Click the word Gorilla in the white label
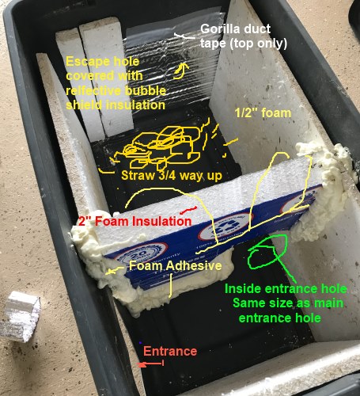tap(222, 29)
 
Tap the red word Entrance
tap(170, 352)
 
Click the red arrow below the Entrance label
tap(151, 364)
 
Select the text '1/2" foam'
tap(263, 113)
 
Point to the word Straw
tap(136, 175)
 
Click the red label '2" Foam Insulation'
tap(135, 221)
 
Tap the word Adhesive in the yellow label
tap(194, 265)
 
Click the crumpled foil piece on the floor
tap(21, 317)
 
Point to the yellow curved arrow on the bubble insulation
tap(181, 70)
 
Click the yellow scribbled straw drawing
tap(161, 147)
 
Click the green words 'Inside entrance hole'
tap(286, 289)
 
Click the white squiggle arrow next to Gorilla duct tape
tap(184, 36)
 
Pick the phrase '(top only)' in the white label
tap(259, 43)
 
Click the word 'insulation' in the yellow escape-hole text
tap(135, 105)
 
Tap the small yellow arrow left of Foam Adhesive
tap(115, 271)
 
